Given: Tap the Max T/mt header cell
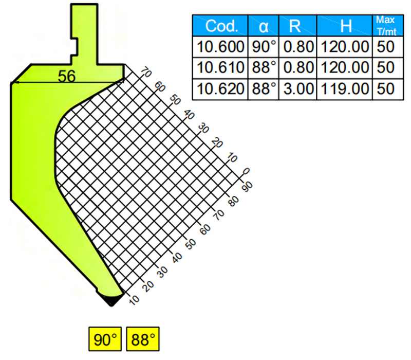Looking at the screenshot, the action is point(388,25).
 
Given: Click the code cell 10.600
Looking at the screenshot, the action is point(220,47).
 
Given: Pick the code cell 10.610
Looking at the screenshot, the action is point(220,68).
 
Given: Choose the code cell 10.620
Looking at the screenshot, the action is point(220,89).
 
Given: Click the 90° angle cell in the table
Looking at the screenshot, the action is point(263,47).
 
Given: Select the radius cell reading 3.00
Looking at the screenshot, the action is point(298,89).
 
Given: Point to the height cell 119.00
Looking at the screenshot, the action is point(344,89).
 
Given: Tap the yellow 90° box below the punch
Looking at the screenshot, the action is point(105,339).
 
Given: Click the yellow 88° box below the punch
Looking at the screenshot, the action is point(143,339).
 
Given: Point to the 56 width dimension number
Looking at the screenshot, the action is point(67,77).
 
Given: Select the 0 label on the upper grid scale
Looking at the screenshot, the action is point(246,172).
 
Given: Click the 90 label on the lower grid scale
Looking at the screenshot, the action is point(247,187).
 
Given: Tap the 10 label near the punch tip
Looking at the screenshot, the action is point(134,300).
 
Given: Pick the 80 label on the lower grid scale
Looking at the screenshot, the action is point(234,201).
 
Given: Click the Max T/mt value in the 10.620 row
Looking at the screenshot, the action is point(386,89).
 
